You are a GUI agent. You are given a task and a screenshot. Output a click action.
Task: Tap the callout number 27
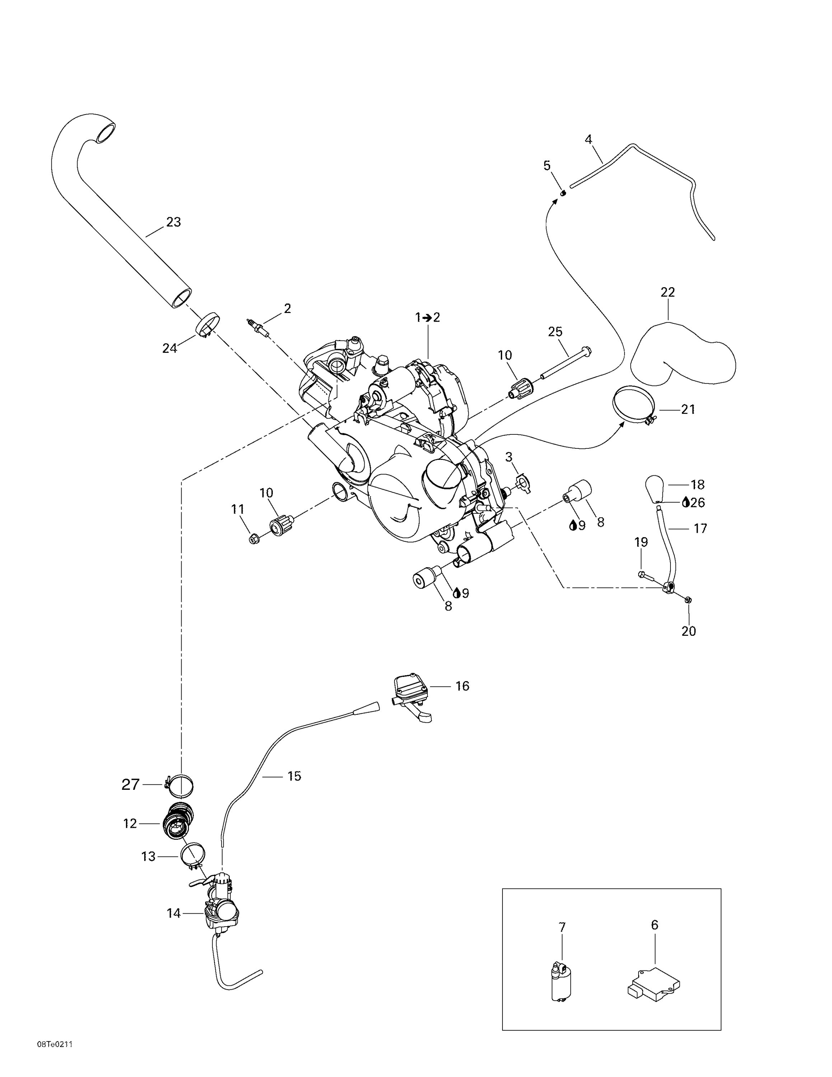click(x=131, y=784)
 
